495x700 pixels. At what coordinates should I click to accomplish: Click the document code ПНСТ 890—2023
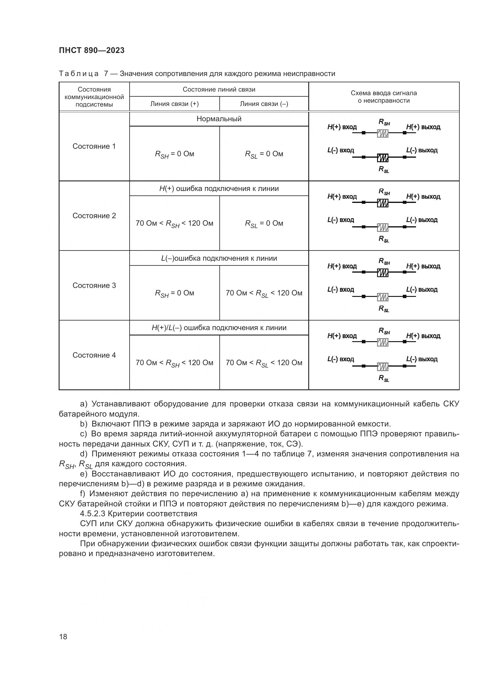[x=92, y=50]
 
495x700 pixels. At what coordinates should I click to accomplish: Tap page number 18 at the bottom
[x=63, y=637]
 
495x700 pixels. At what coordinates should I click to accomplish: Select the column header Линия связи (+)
[x=174, y=104]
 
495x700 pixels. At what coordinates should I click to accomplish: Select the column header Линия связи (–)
[x=264, y=104]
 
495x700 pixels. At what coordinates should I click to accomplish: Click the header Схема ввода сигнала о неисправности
[x=383, y=97]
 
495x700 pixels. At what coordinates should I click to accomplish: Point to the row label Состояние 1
[x=94, y=146]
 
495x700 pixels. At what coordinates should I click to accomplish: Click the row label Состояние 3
[x=94, y=286]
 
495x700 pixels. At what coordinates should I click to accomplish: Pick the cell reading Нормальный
[x=219, y=119]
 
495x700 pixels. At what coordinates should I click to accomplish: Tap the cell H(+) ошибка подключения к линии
[x=219, y=189]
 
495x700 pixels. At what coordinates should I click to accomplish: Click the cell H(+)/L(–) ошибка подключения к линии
[x=219, y=328]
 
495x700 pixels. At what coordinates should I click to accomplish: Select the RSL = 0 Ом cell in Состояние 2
[x=264, y=224]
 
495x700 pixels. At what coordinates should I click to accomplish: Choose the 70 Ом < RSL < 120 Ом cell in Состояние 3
[x=264, y=293]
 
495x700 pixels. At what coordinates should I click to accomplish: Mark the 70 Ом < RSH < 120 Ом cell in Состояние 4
[x=174, y=363]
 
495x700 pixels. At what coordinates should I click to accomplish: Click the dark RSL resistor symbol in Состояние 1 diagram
[x=382, y=157]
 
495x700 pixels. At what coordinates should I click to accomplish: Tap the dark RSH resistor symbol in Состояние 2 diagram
[x=382, y=202]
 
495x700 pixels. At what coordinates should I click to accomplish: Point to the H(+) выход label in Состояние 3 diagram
[x=423, y=266]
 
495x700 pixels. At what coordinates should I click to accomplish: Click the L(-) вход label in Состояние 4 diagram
[x=341, y=359]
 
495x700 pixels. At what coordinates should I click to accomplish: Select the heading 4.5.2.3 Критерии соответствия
[x=139, y=514]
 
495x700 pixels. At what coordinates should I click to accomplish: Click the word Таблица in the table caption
[x=79, y=74]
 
